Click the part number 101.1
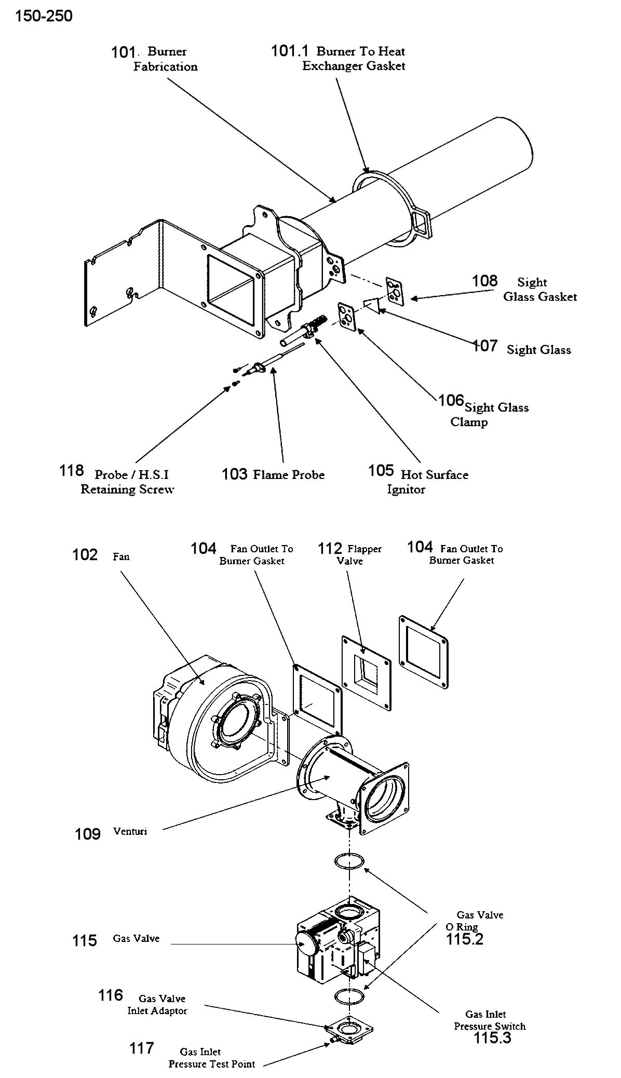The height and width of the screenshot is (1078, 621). point(289,51)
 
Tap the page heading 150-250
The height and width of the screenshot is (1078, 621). point(44,16)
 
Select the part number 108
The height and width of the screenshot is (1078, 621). point(484,281)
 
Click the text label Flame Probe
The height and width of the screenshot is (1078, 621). point(289,475)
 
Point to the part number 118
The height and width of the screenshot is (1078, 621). point(72,471)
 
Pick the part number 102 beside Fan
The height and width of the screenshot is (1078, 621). point(85,555)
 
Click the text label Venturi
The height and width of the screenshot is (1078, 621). point(130,831)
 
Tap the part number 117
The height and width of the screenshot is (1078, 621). point(142,1048)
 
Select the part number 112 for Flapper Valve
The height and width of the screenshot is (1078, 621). point(330,549)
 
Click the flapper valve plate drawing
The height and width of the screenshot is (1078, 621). point(366,673)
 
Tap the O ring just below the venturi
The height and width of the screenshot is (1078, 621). point(349,860)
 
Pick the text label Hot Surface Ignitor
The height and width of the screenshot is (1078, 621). point(428,482)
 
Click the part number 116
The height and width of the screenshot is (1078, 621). point(111,995)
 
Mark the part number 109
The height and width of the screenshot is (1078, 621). point(88,834)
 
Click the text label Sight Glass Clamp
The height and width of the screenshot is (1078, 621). point(490,415)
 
